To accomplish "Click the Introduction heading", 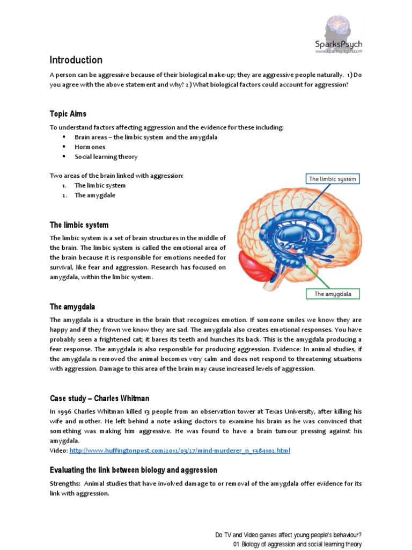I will click(x=76, y=60).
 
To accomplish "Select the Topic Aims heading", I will click(x=68, y=114).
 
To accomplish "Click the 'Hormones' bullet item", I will click(x=90, y=147).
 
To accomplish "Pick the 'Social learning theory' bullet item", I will click(x=106, y=157).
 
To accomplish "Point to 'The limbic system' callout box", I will click(x=332, y=179).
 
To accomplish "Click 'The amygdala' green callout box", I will click(x=333, y=294).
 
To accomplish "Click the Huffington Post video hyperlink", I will click(x=180, y=450).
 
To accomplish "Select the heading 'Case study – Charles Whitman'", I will click(x=100, y=399).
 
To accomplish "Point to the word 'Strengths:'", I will click(x=65, y=484).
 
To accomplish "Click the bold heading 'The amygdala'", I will click(x=72, y=307).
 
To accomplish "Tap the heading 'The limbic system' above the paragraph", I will click(x=79, y=225).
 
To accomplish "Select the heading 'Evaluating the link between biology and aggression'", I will click(x=134, y=470).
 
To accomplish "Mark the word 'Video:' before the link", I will click(x=58, y=450).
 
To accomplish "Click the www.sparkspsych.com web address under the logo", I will click(x=339, y=52).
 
